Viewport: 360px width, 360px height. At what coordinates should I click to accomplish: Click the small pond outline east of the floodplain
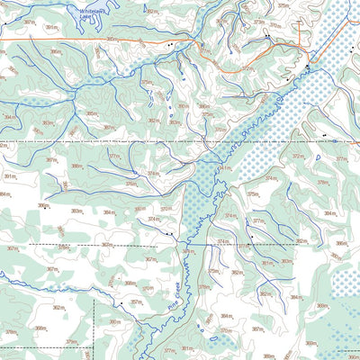317,157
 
